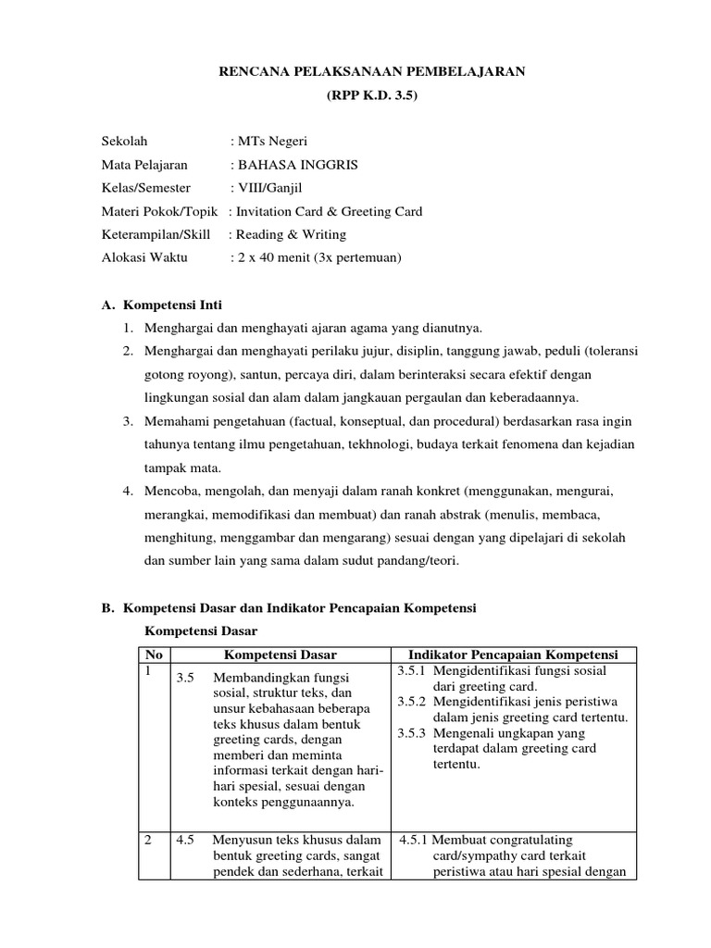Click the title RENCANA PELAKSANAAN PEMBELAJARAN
pyautogui.click(x=371, y=71)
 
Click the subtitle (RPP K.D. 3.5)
pyautogui.click(x=371, y=95)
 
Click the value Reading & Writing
pyautogui.click(x=291, y=234)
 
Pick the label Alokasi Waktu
pyautogui.click(x=144, y=257)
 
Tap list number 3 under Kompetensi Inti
pyautogui.click(x=128, y=421)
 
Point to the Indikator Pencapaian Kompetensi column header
pyautogui.click(x=514, y=655)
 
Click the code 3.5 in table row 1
pyautogui.click(x=185, y=678)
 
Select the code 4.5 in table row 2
pyautogui.click(x=185, y=841)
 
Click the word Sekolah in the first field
pyautogui.click(x=124, y=142)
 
